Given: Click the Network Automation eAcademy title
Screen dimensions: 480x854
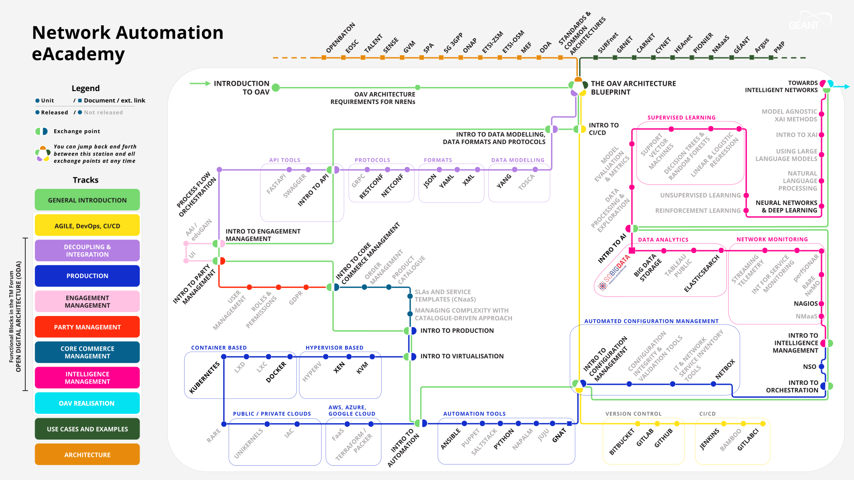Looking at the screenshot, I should coord(128,43).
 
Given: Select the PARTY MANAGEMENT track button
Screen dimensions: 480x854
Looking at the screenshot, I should coord(87,327).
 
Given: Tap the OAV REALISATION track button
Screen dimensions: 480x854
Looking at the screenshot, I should coord(87,403).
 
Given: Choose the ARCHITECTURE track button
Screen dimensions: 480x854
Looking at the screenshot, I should coord(87,455).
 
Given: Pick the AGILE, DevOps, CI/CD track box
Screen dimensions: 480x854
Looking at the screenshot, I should coord(87,226).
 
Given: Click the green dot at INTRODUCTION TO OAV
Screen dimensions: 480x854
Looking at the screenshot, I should coord(276,88).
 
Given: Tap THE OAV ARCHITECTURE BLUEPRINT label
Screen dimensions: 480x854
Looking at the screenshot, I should coord(633,88).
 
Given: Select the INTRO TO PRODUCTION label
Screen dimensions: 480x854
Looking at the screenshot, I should coord(457,331).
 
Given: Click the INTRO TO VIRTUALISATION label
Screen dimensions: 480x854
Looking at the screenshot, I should coord(462,356).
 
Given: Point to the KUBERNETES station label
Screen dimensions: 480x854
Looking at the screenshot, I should coord(205,378).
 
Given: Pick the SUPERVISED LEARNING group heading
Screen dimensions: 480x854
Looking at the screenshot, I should coord(681,118).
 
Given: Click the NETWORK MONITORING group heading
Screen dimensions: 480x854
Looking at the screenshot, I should coord(772,240).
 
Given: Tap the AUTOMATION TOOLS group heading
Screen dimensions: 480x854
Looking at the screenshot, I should coord(474,414).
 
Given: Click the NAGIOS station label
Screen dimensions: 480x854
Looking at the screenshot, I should coord(806,304).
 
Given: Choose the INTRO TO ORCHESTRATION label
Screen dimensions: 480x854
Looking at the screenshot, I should coord(792,386).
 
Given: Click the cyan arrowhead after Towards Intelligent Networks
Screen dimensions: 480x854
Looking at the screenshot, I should coord(847,87).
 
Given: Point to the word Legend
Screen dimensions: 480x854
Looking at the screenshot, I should coord(85,88).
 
